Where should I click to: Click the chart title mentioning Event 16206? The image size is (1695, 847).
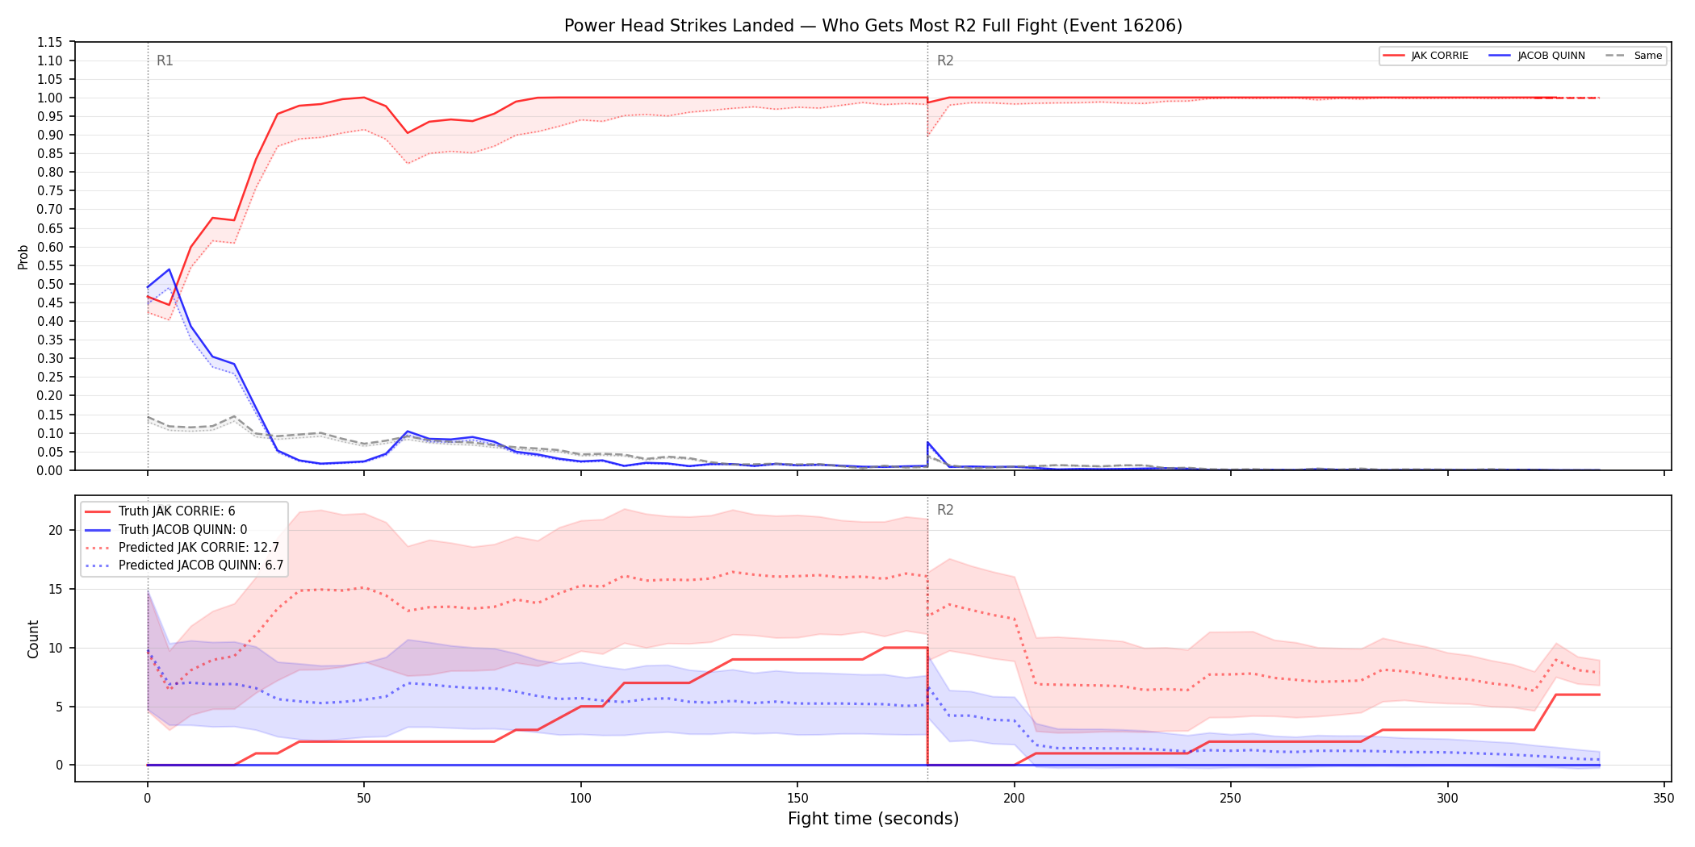coord(873,26)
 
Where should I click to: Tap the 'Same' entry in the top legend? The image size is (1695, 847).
coord(1634,56)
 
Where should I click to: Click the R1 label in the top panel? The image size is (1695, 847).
coord(165,60)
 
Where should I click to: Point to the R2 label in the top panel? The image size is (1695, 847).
coord(945,60)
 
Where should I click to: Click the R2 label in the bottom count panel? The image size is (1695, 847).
coord(945,510)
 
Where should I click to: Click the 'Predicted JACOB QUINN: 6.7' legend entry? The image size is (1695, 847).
coord(184,565)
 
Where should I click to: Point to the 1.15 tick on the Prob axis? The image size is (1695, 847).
coord(49,42)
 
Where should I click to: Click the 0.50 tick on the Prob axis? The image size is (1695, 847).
coord(49,284)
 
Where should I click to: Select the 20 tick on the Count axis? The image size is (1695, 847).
coord(55,530)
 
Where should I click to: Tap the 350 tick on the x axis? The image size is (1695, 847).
coord(1664,799)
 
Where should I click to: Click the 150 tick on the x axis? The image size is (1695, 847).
coord(797,799)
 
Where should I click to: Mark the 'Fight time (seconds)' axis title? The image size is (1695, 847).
coord(873,819)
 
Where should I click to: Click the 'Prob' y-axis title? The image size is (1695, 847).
coord(23,257)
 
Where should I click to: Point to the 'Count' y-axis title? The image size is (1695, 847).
coord(33,639)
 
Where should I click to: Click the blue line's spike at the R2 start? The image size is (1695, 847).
coord(927,442)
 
